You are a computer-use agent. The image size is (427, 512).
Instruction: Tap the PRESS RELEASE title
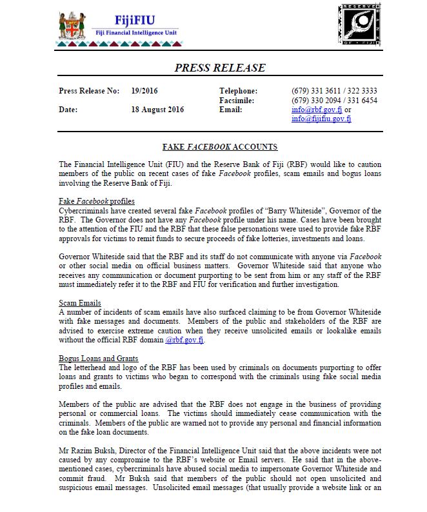pos(220,68)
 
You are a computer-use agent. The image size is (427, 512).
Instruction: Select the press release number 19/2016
pos(146,91)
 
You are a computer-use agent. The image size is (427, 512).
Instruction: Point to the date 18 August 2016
pos(157,110)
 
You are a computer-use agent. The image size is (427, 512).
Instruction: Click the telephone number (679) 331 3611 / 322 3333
pos(334,91)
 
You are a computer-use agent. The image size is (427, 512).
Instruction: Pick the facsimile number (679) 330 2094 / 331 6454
pos(334,101)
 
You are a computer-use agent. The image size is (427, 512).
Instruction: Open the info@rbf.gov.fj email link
pos(314,110)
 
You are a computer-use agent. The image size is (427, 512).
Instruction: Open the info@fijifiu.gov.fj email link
pos(321,119)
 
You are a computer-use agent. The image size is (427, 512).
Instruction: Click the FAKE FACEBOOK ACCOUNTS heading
pos(220,147)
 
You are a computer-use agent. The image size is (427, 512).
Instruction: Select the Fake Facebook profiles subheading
pos(97,202)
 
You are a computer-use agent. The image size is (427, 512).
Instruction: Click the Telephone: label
pos(238,91)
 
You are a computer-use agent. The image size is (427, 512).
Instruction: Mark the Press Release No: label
pos(89,91)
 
